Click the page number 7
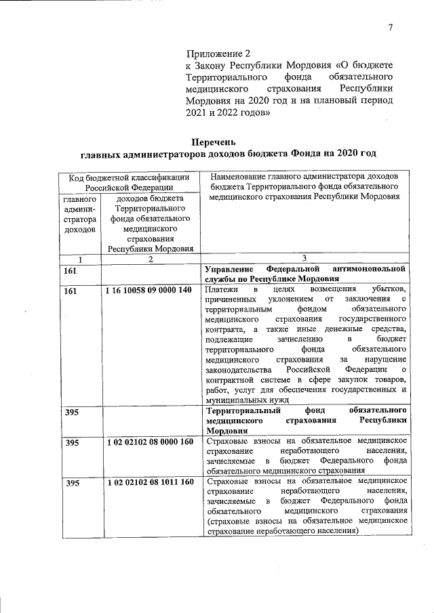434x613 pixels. click(391, 27)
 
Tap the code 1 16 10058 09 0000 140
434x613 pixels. click(150, 291)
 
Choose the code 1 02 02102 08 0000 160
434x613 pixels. click(150, 442)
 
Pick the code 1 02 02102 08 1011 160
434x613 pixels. click(150, 482)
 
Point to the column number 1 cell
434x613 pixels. click(80, 259)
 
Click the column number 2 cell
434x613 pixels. click(151, 259)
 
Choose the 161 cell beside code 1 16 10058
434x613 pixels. click(71, 291)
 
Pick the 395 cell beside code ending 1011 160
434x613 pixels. click(71, 482)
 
